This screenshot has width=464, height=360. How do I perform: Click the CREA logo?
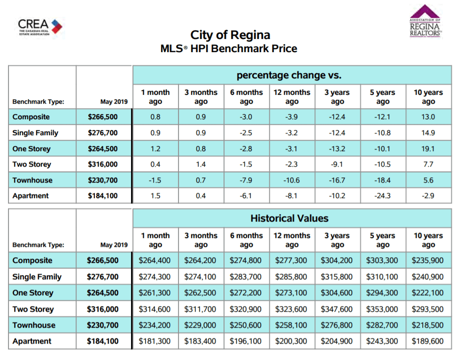click(40, 27)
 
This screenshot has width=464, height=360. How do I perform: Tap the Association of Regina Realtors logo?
click(425, 21)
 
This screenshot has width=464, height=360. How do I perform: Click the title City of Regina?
click(230, 35)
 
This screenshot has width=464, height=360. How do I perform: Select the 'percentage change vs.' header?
click(289, 75)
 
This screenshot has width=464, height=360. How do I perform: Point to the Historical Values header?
click(289, 218)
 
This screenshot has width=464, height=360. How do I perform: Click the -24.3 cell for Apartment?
click(382, 196)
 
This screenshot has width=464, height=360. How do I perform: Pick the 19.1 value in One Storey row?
click(428, 149)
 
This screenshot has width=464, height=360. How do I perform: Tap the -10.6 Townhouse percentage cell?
click(292, 180)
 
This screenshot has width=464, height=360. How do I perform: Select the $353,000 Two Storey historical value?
click(382, 309)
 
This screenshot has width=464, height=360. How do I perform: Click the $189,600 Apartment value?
click(427, 341)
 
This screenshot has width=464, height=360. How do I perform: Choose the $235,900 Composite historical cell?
click(427, 260)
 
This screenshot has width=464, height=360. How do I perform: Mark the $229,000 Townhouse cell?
click(200, 325)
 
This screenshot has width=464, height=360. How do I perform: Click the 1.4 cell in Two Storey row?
click(201, 164)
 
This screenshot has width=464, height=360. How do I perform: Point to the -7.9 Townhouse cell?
click(246, 180)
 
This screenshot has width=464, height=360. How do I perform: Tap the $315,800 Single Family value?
click(337, 276)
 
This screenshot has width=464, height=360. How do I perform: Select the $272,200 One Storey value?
click(246, 293)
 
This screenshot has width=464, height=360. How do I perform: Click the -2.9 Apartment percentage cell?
click(428, 196)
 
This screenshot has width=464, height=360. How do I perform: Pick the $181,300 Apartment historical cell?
click(155, 341)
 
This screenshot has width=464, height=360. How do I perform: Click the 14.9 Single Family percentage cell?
click(428, 133)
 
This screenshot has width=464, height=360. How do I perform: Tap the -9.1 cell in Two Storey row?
click(337, 164)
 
